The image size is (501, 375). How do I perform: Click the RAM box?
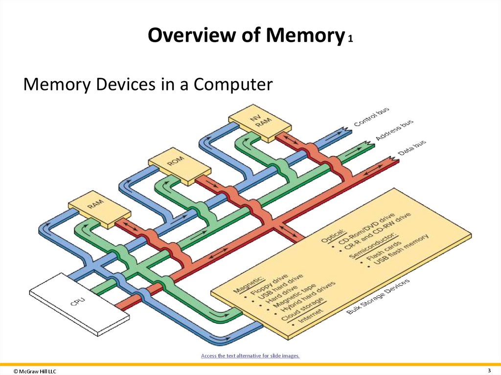coord(99,209)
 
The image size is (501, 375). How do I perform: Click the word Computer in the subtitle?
coord(232,85)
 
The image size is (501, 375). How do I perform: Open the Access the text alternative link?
coord(250,355)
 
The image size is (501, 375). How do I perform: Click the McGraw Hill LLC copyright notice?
coord(35,372)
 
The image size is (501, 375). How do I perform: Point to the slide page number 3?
coord(489,370)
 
